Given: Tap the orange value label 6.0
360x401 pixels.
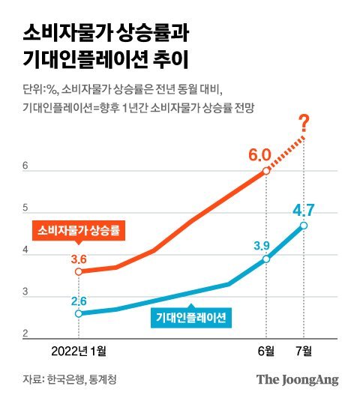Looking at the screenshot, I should tap(259, 155).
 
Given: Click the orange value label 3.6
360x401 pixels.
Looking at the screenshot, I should tap(79, 259).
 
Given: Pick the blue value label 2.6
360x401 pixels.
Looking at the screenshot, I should tap(79, 301).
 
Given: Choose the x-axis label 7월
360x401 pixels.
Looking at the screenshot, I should tap(304, 349).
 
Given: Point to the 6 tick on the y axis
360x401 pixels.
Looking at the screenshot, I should tap(25, 166).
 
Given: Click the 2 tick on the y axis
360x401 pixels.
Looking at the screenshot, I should tap(25, 335).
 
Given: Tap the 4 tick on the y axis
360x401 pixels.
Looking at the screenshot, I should tap(25, 252).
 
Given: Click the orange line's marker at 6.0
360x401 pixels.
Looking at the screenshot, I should tap(267, 171).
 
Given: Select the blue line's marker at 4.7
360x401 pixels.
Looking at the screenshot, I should tap(304, 226).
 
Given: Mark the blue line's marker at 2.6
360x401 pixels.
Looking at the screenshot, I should tap(79, 313).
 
